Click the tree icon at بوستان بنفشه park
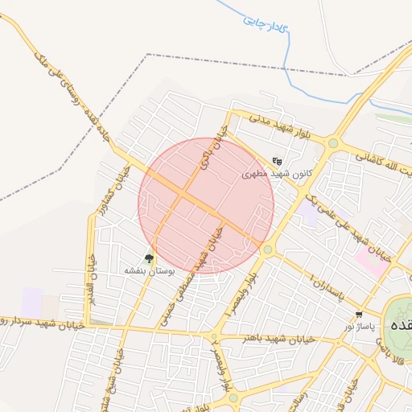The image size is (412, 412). [149, 258]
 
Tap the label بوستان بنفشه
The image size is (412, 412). [149, 272]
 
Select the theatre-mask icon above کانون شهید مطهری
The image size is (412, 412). [278, 160]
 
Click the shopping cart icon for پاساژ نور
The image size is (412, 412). [358, 315]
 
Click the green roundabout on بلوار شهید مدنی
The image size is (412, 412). [332, 144]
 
